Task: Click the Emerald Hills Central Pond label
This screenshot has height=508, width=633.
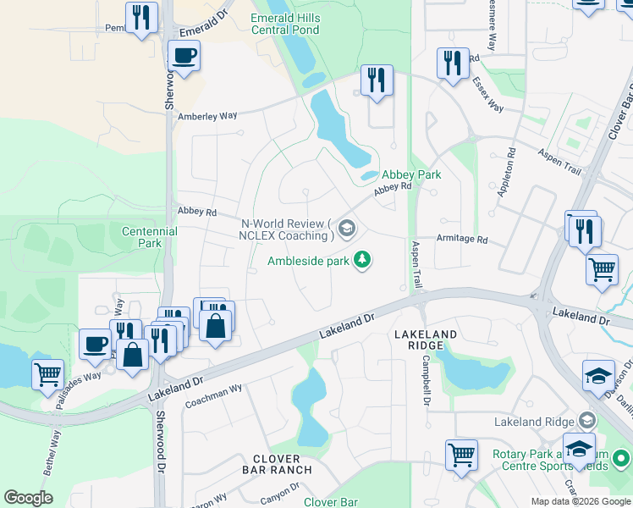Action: pos(285,23)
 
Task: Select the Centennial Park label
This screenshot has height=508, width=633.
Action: pos(149,237)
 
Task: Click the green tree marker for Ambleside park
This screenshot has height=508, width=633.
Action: pos(363,259)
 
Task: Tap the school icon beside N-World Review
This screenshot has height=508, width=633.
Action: pos(346,228)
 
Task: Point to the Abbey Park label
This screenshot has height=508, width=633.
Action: pos(411,174)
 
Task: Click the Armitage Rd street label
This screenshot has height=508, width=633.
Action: pos(462,240)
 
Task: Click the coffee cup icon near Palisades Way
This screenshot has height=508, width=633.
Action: pos(94,344)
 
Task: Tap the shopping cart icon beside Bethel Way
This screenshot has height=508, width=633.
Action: pos(47,373)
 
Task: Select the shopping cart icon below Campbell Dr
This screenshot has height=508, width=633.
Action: pos(461,454)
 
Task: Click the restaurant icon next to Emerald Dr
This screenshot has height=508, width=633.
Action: pos(141,17)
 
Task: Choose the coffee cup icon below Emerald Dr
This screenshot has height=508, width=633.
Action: pos(184,57)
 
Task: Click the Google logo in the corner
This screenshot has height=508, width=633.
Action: pos(28,498)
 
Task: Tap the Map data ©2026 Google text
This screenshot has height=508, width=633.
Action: pos(580,501)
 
